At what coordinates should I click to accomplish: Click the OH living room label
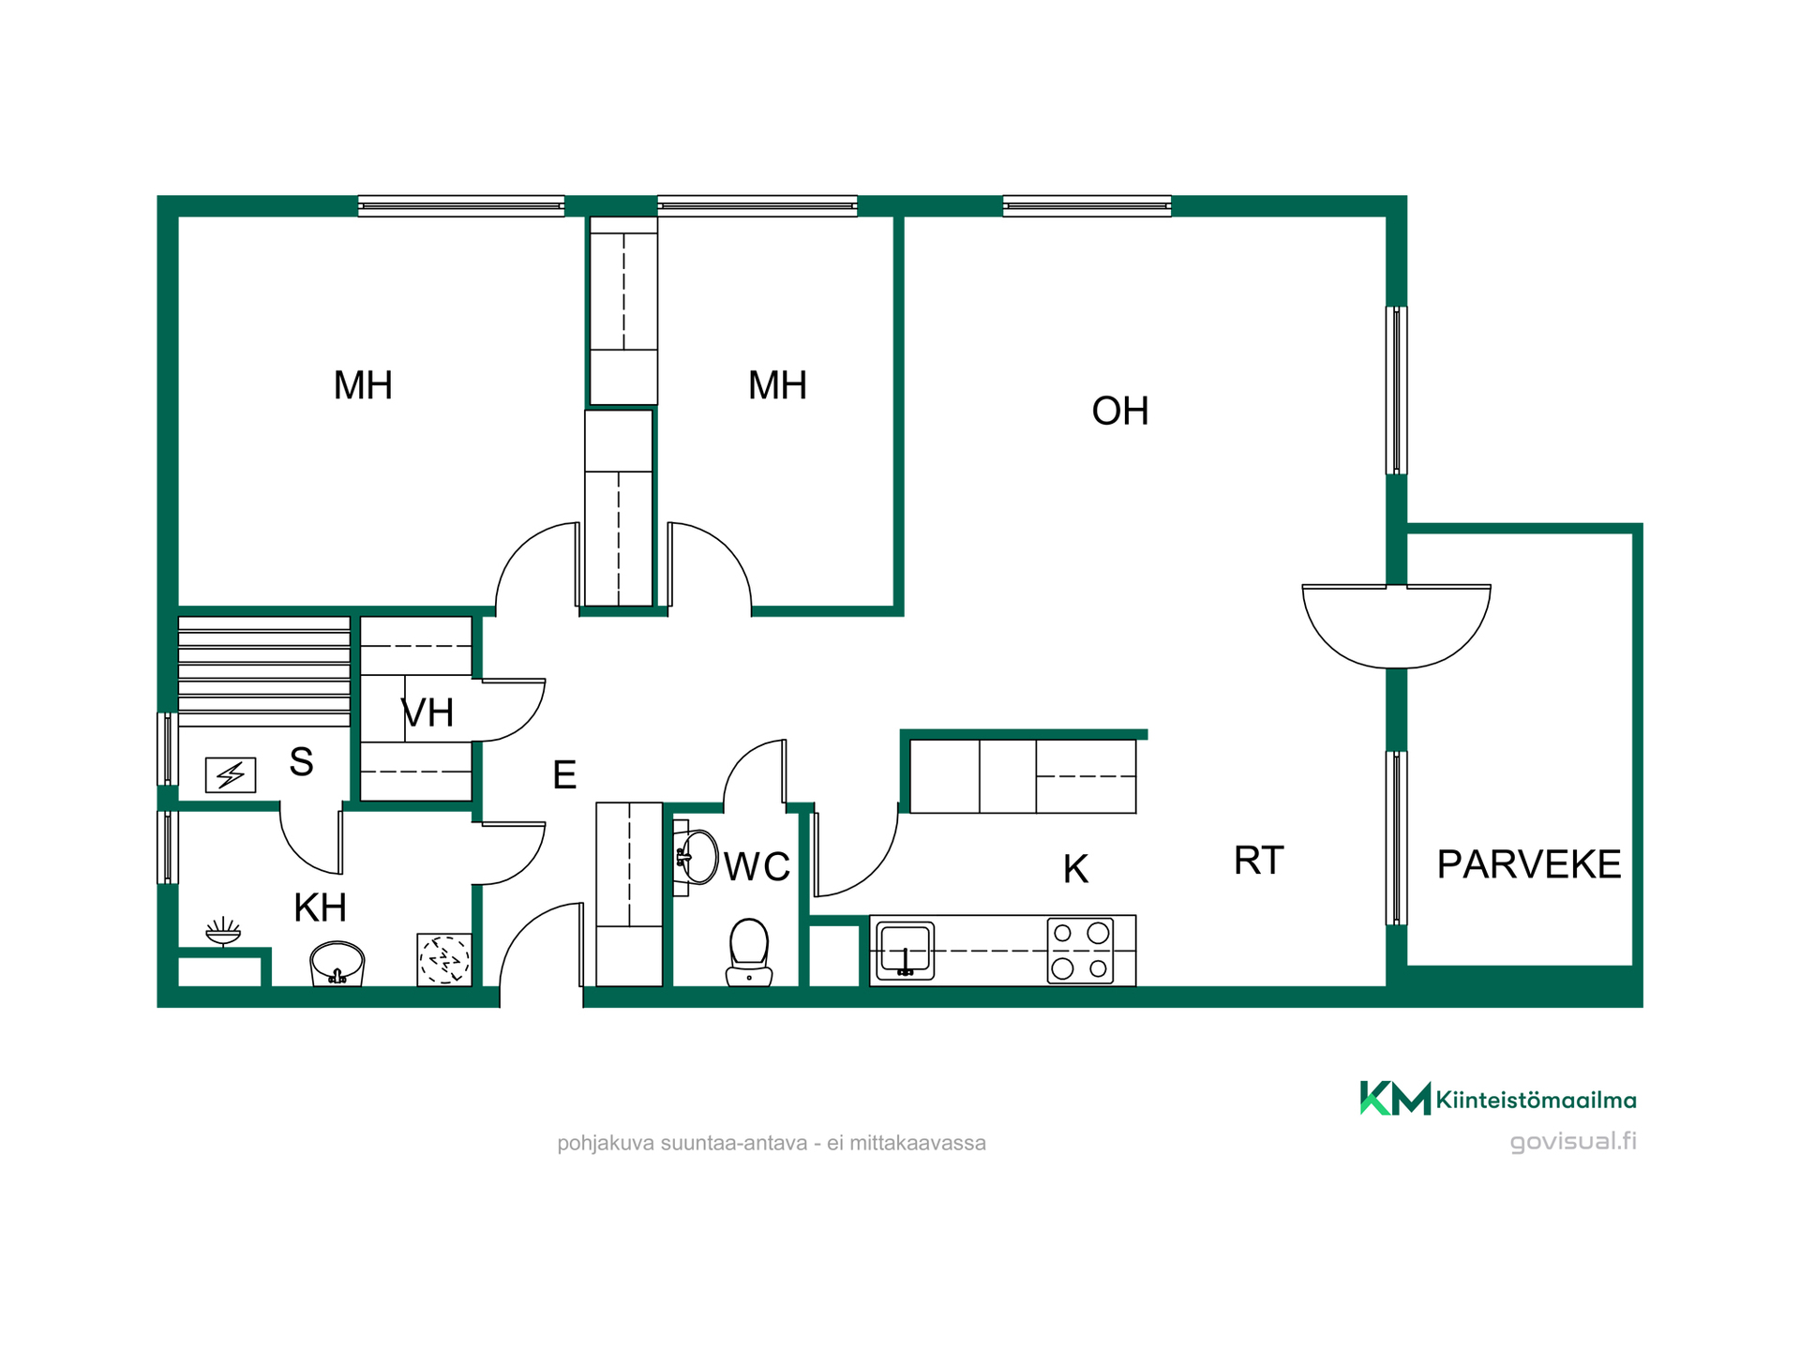tap(1120, 412)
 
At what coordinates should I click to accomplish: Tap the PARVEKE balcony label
tap(1529, 864)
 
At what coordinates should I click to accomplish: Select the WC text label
tap(757, 867)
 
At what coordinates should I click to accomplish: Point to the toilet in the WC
tap(749, 952)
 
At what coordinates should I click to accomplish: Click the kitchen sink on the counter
tap(905, 951)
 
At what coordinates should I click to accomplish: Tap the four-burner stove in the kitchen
tap(1080, 951)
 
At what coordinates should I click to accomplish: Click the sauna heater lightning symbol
tap(231, 775)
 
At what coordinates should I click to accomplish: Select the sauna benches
tap(264, 671)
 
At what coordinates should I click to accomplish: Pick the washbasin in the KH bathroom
tap(337, 964)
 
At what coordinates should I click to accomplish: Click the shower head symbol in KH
tap(223, 932)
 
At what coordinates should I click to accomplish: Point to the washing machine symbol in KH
tap(444, 960)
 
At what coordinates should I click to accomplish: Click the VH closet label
tap(427, 713)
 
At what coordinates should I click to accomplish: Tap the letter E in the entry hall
tap(564, 775)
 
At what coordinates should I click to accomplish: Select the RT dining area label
tap(1258, 861)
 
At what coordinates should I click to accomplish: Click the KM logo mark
tap(1395, 1098)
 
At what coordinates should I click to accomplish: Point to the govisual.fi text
tap(1573, 1142)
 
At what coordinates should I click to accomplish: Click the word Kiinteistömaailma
tap(1537, 1101)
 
